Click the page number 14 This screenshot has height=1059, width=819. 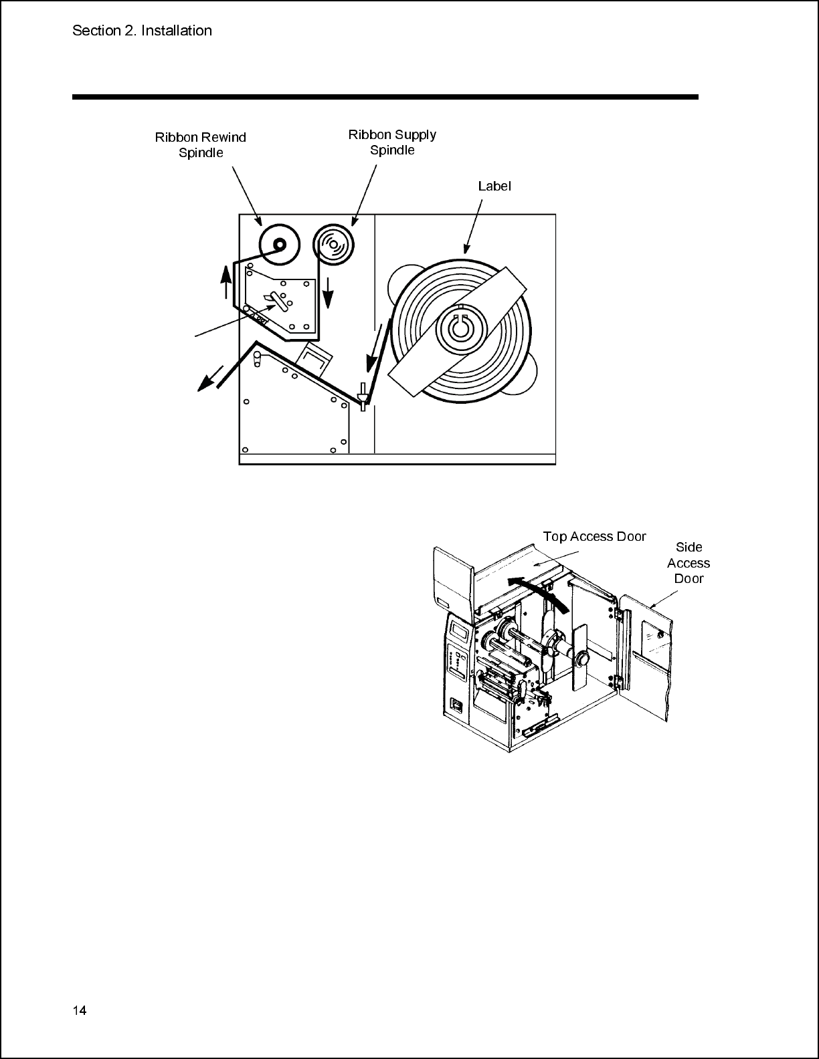point(80,1010)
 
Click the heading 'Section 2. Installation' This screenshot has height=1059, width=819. point(142,31)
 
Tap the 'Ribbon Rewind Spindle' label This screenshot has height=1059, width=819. point(201,144)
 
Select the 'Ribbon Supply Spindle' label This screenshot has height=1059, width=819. point(392,142)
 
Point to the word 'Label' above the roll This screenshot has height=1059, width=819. point(494,186)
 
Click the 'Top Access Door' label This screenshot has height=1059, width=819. point(595,537)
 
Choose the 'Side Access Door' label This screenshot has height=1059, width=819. point(689,563)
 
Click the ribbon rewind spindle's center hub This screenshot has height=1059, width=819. point(280,243)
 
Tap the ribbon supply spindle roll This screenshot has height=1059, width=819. point(333,244)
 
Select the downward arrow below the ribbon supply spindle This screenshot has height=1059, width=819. point(329,293)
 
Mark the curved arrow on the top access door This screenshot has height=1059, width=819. point(539,586)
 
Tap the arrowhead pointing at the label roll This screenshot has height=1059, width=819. point(466,249)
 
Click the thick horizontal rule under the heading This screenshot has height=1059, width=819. point(385,98)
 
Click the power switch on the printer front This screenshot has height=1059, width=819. point(455,704)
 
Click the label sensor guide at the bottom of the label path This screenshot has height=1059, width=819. point(363,396)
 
